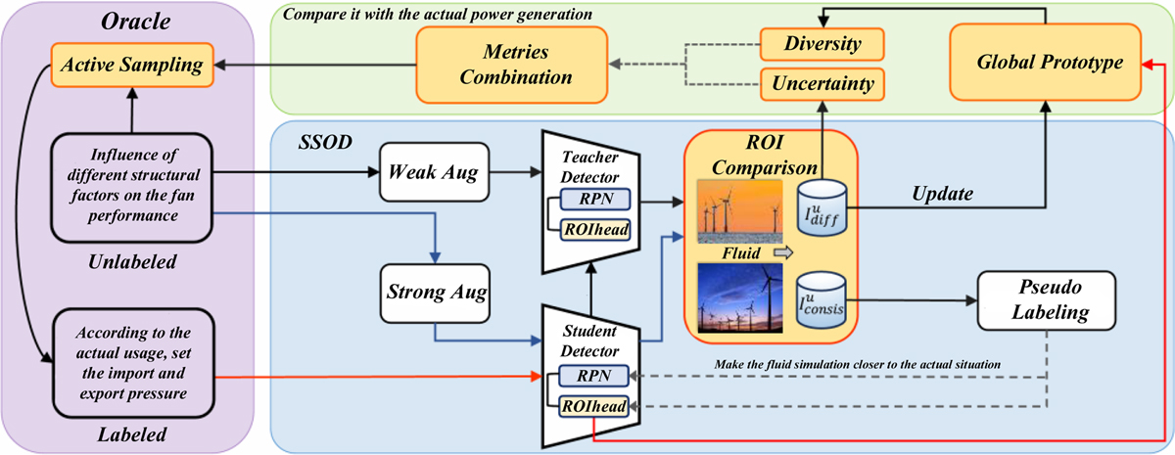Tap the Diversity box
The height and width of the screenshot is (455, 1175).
(x=822, y=43)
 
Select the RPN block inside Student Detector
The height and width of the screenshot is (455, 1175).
(x=588, y=375)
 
